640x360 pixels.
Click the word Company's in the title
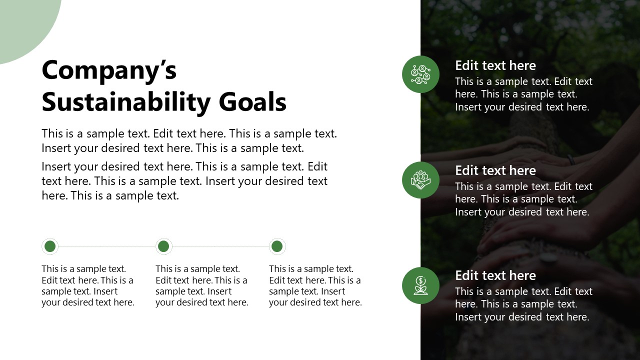click(x=109, y=70)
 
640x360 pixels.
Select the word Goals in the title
click(x=252, y=102)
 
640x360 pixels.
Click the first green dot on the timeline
click(x=50, y=246)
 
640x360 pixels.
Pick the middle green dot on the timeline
click(x=163, y=246)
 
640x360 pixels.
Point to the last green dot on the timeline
click(x=277, y=246)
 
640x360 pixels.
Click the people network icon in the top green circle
click(x=420, y=74)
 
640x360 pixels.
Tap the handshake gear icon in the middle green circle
click(x=420, y=180)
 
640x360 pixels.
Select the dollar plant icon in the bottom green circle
click(x=420, y=285)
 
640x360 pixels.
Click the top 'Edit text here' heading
click(x=495, y=65)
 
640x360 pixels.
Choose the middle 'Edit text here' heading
click(x=495, y=170)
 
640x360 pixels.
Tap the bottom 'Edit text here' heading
click(x=495, y=275)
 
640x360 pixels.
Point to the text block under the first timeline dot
click(x=88, y=285)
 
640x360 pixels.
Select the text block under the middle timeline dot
click(x=201, y=285)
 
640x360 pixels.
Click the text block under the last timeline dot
click(x=315, y=285)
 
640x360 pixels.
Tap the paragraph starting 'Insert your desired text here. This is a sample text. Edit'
click(x=184, y=181)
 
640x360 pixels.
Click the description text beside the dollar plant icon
click(x=523, y=304)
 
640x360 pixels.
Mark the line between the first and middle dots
click(x=106, y=246)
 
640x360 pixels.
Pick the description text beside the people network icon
click(x=523, y=94)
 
